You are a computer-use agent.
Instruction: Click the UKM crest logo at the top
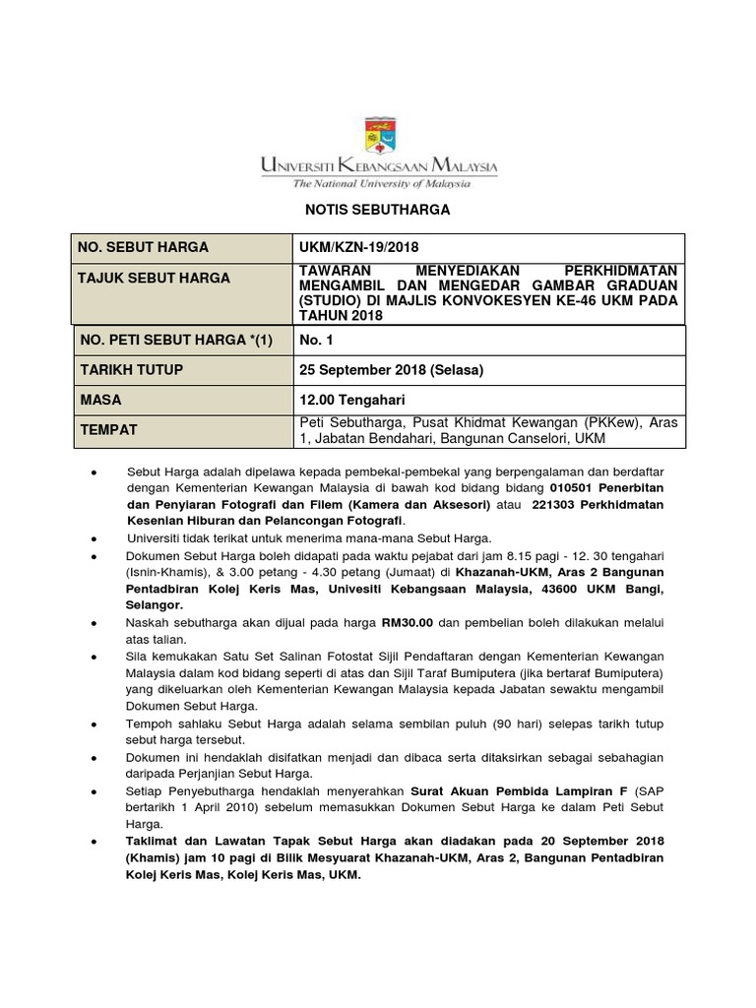[x=379, y=138]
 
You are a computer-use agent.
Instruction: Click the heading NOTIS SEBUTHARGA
[x=377, y=210]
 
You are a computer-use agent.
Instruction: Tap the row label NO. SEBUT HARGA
[x=144, y=247]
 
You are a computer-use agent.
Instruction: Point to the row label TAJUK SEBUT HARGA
[x=154, y=278]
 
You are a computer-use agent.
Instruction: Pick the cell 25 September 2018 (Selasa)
[x=392, y=369]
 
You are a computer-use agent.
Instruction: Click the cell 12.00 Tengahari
[x=351, y=400]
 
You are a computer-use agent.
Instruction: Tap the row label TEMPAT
[x=107, y=430]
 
